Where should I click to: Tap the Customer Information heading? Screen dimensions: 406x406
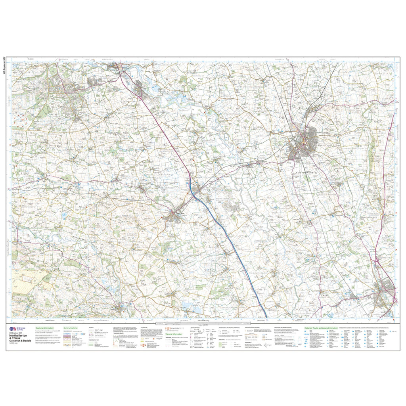coord(44,329)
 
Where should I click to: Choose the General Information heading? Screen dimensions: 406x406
coord(174,334)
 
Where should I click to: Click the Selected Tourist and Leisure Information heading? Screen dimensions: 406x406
coord(321,328)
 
